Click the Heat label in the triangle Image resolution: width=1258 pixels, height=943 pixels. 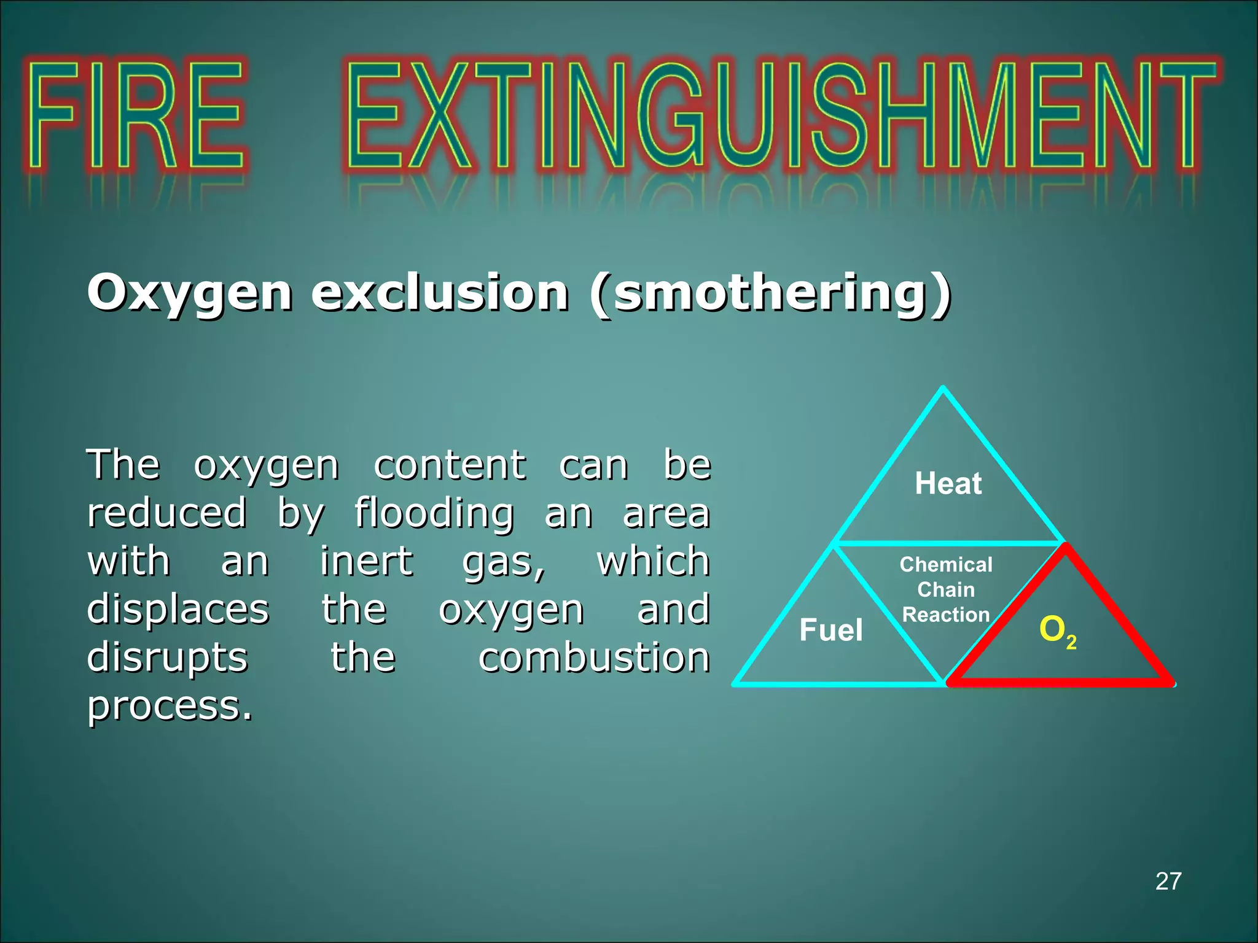tap(948, 483)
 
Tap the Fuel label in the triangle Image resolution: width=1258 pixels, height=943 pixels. tap(830, 630)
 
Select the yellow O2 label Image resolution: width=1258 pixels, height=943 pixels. tap(1057, 631)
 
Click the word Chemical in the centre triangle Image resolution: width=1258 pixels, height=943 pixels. tap(946, 564)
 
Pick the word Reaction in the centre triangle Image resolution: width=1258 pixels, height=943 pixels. tap(946, 615)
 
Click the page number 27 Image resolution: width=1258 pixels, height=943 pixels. tap(1168, 882)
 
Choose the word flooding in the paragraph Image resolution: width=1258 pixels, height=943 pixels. tap(434, 513)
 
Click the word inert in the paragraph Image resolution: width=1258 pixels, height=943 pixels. tap(366, 561)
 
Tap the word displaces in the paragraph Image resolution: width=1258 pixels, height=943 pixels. tap(178, 609)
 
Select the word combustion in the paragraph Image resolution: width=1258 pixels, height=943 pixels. tap(594, 658)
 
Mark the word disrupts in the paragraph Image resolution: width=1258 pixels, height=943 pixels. tap(167, 658)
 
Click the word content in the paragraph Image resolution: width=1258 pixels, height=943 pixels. tap(450, 465)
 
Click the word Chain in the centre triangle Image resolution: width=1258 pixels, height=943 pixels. tap(946, 589)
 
